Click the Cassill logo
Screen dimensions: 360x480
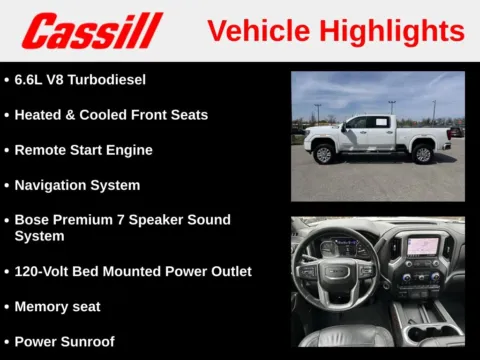click(x=92, y=30)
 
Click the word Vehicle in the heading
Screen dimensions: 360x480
click(x=256, y=30)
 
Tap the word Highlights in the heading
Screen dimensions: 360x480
click(x=389, y=30)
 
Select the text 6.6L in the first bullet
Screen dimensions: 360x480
click(x=31, y=79)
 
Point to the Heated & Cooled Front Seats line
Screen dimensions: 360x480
click(x=111, y=114)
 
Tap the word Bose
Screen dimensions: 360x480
click(x=33, y=219)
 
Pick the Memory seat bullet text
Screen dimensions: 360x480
click(x=57, y=306)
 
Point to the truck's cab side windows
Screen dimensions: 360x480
click(x=367, y=123)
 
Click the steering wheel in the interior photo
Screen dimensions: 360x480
click(x=335, y=273)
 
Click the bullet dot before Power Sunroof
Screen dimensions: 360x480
click(x=6, y=342)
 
